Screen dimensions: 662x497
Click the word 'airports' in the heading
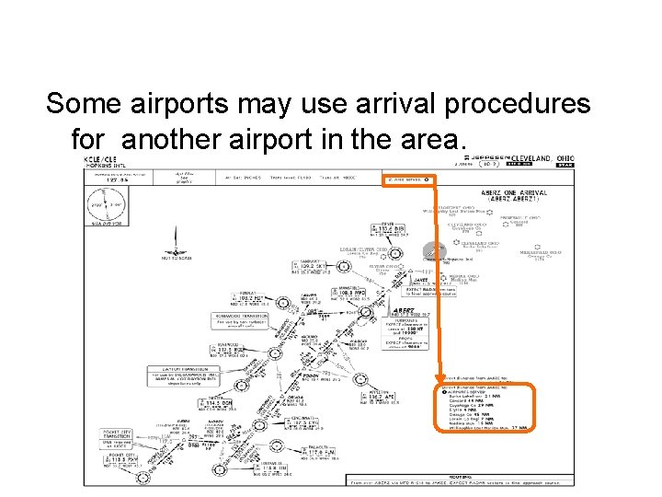point(176,104)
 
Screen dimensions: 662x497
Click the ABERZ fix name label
point(405,312)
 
